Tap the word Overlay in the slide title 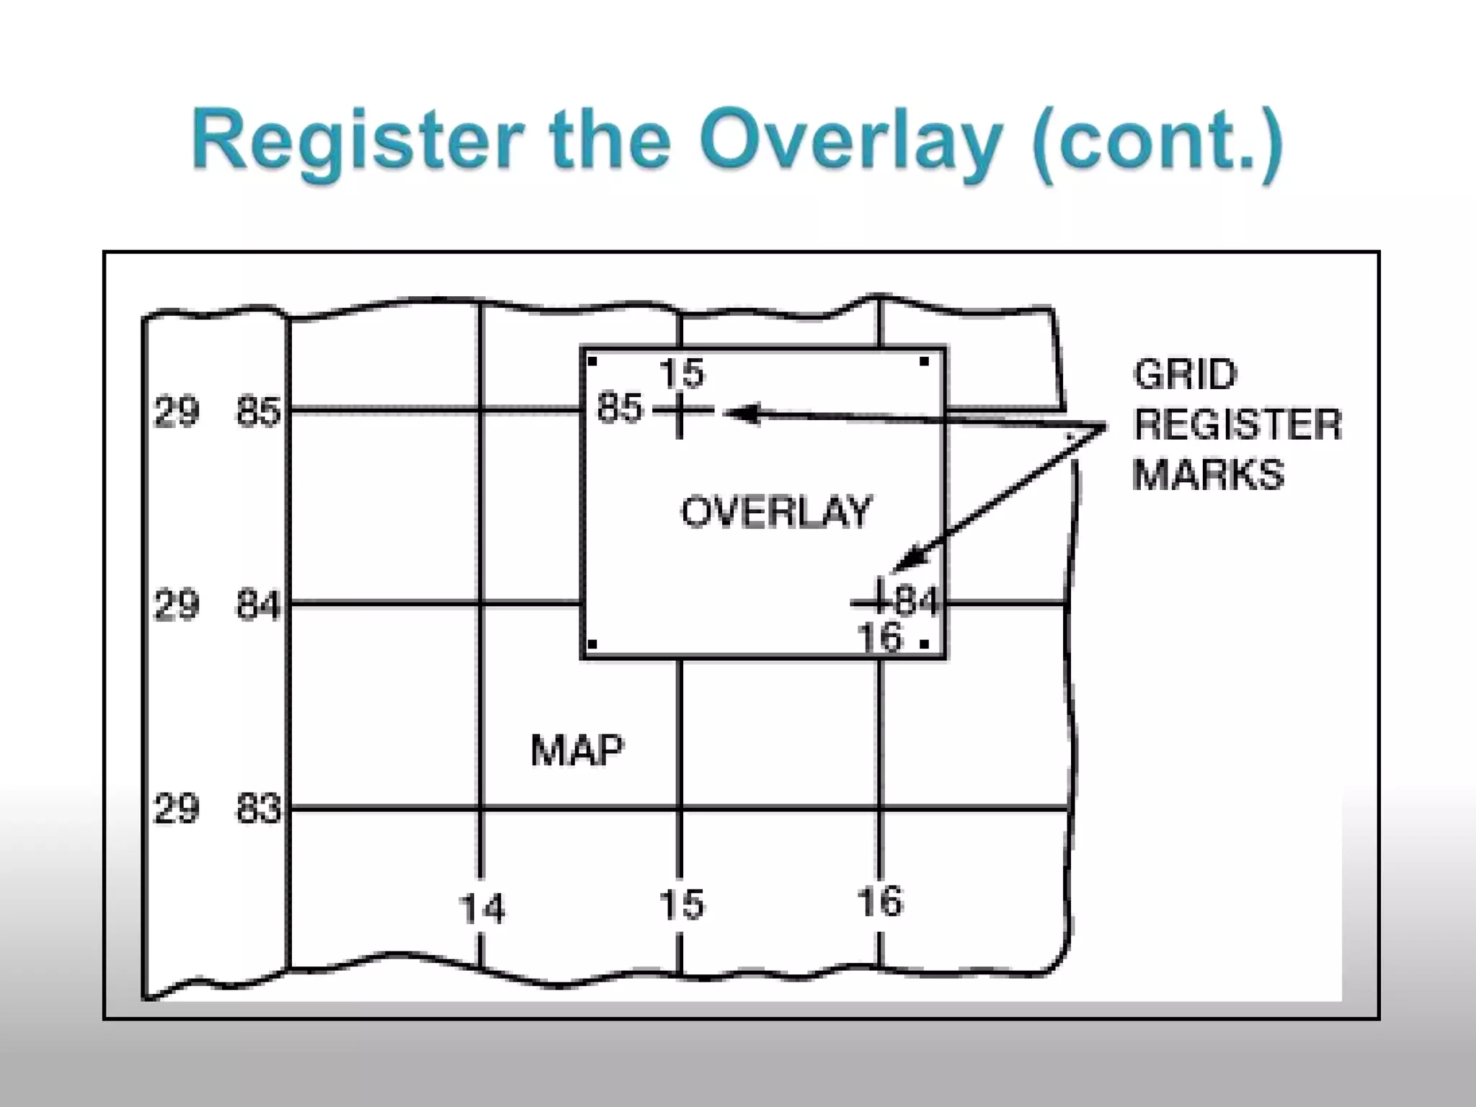tap(851, 141)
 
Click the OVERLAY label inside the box tap(776, 512)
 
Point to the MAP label tap(577, 750)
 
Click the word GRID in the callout tap(1185, 375)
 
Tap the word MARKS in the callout tap(1208, 474)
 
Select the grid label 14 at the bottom tap(482, 908)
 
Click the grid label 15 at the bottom tap(681, 904)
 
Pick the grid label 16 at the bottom tap(879, 902)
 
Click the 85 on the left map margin tap(258, 412)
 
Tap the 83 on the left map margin tap(258, 809)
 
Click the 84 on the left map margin tap(258, 604)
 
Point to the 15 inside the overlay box tap(681, 373)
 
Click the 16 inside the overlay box tap(879, 638)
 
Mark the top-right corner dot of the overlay tap(924, 362)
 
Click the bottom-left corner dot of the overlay tap(592, 644)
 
